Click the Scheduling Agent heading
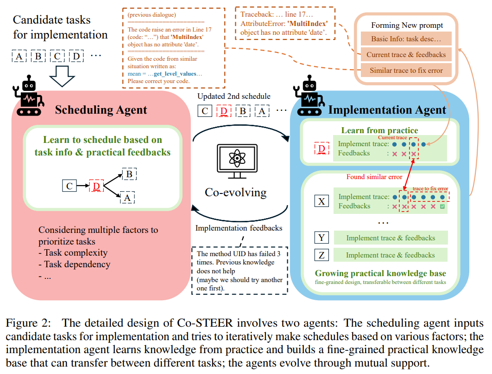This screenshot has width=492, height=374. click(101, 110)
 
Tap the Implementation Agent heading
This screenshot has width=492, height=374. click(387, 110)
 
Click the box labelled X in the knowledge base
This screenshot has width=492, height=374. click(321, 201)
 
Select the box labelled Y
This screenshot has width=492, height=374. click(321, 238)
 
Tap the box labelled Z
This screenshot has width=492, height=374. click(321, 255)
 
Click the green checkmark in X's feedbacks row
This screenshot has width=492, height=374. click(442, 206)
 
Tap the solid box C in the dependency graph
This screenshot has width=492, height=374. click(69, 186)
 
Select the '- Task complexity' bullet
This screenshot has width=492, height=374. click(73, 253)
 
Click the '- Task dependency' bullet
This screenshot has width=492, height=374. click(74, 264)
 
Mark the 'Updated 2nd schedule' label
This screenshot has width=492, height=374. click(234, 97)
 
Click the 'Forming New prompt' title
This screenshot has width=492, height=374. click(407, 25)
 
